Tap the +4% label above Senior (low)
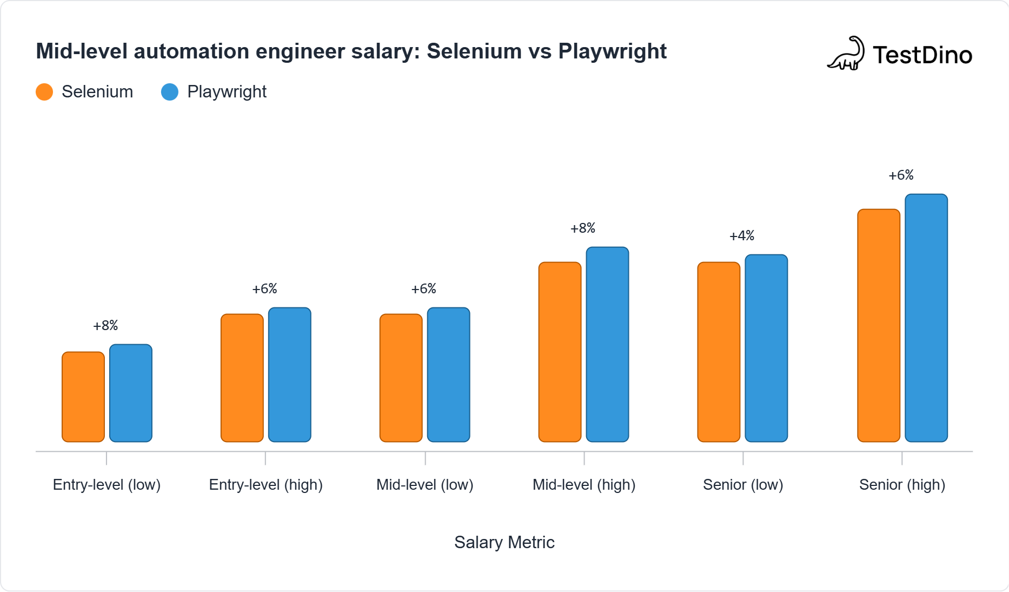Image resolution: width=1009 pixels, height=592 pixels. pyautogui.click(x=742, y=236)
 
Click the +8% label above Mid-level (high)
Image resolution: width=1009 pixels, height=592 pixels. pyautogui.click(x=583, y=228)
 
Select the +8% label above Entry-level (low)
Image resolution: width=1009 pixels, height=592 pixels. pyautogui.click(x=105, y=326)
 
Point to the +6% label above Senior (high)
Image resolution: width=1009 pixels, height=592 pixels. pyautogui.click(x=901, y=175)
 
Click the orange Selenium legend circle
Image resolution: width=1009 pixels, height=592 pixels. pyautogui.click(x=44, y=92)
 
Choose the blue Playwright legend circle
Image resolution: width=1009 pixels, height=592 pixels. pyautogui.click(x=170, y=92)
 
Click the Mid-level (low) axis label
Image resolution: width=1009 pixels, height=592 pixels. pyautogui.click(x=425, y=485)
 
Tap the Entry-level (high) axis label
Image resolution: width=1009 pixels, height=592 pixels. pyautogui.click(x=266, y=485)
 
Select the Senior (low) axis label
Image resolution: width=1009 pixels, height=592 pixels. pyautogui.click(x=743, y=485)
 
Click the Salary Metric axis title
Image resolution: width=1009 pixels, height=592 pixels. pyautogui.click(x=504, y=542)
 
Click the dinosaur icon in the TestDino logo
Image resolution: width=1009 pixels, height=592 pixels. pyautogui.click(x=847, y=54)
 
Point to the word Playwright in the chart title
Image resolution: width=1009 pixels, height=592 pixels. pyautogui.click(x=612, y=51)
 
